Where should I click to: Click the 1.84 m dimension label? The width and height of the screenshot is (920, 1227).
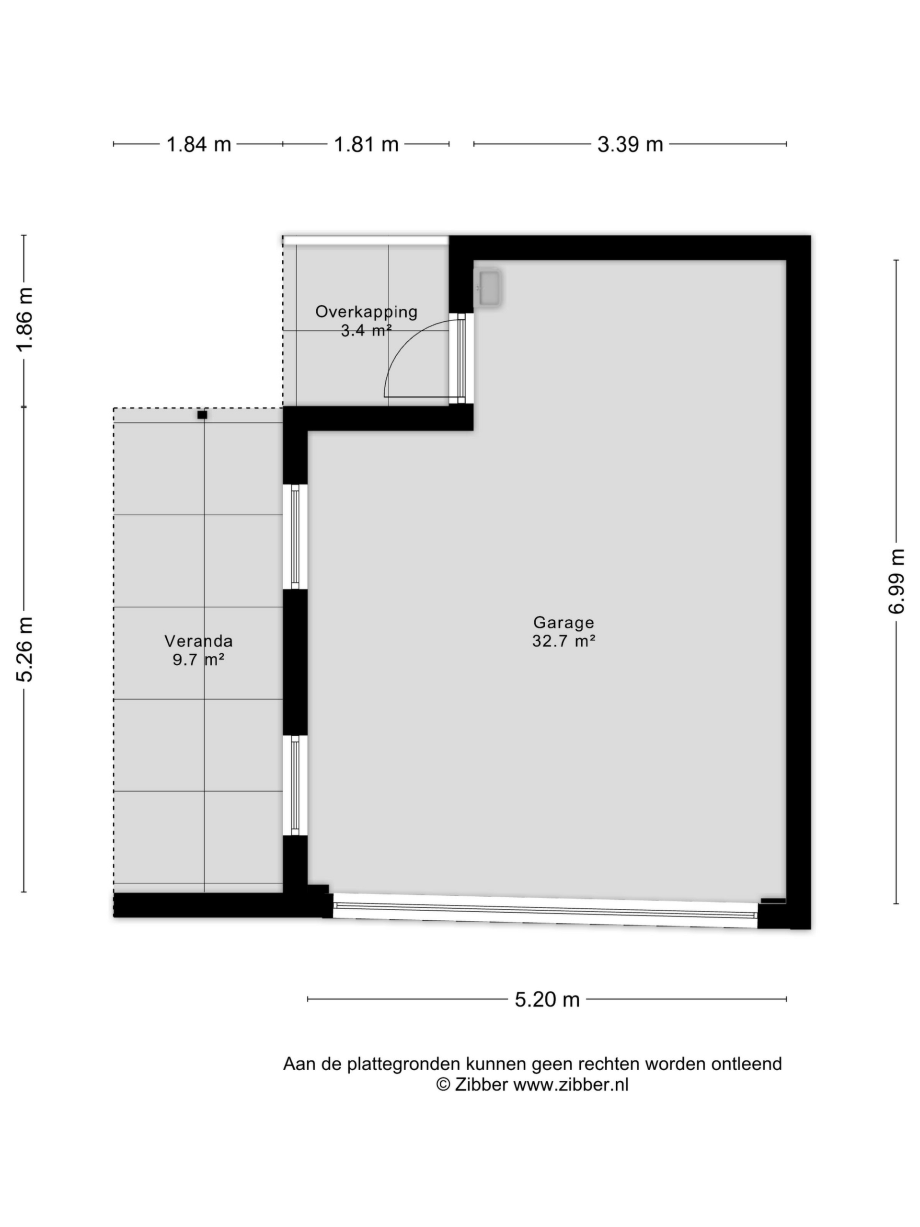coord(198,144)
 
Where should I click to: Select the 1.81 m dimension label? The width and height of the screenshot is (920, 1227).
coord(366,144)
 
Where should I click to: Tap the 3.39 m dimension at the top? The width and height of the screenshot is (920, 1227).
coord(630,144)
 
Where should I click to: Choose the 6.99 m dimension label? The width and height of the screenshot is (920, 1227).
coord(896,581)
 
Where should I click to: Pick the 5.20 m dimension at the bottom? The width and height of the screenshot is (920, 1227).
coord(547,999)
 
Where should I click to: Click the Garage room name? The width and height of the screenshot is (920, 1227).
coord(563,623)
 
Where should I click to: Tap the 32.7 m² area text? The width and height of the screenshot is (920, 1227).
coord(563,641)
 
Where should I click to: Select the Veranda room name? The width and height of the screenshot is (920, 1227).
coord(198,641)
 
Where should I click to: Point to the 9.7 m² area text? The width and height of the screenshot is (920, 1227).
coord(198,660)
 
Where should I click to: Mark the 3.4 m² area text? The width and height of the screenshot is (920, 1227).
coord(366,331)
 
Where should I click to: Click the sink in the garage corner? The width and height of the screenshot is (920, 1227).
coord(489,287)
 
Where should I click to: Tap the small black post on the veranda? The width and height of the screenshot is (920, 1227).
coord(202,415)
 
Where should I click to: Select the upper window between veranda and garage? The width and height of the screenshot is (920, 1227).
coord(295,536)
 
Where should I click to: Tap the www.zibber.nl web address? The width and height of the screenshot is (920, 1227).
coord(571,1085)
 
